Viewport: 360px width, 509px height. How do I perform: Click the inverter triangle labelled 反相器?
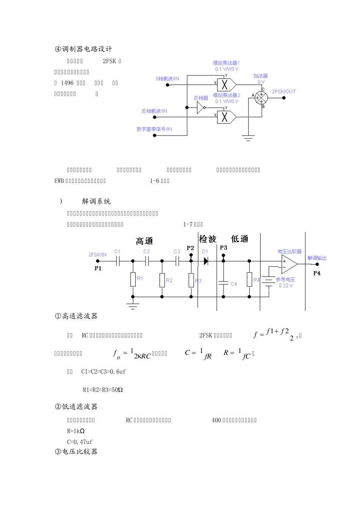click(x=200, y=108)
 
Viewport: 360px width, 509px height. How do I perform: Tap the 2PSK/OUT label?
click(x=283, y=92)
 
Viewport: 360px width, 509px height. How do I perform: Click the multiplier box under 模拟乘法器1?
click(x=225, y=84)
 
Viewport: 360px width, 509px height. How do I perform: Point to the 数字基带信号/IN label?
click(x=154, y=129)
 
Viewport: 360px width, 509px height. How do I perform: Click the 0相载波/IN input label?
click(x=167, y=79)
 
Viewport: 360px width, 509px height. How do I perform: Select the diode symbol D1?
click(x=206, y=261)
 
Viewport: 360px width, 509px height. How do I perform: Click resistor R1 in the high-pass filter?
click(x=133, y=279)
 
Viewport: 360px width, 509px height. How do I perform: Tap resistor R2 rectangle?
click(x=162, y=280)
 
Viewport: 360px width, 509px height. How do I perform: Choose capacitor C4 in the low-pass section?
click(x=224, y=283)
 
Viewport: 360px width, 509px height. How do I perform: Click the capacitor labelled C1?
click(x=118, y=261)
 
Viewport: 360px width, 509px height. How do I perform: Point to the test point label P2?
click(x=191, y=248)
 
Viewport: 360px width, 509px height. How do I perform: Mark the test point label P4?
click(x=317, y=273)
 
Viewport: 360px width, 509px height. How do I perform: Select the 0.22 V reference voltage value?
click(x=286, y=286)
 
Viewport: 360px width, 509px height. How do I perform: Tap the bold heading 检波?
click(x=208, y=239)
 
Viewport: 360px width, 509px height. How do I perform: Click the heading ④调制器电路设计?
click(x=83, y=49)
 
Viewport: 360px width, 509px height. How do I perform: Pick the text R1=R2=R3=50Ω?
click(x=103, y=390)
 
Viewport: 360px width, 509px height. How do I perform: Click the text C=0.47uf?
click(x=80, y=442)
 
